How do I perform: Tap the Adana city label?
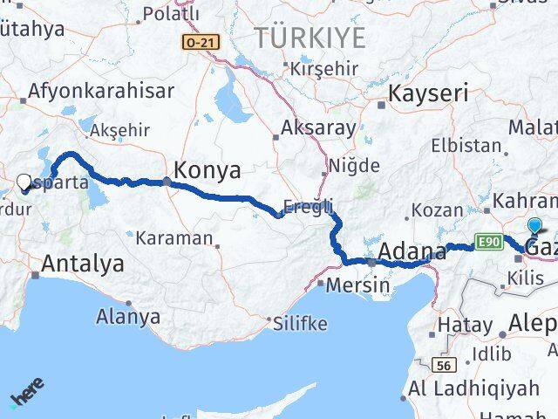click(x=412, y=252)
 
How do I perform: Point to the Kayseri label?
click(x=429, y=93)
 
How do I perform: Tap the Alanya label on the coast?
click(x=128, y=316)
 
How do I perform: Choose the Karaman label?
click(x=174, y=237)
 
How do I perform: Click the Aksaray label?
click(x=318, y=127)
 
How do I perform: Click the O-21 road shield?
click(x=201, y=41)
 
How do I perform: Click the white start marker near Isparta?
click(x=24, y=182)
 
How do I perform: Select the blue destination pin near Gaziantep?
click(x=534, y=226)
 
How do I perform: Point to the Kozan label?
click(x=432, y=211)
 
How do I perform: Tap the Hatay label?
click(x=466, y=326)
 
